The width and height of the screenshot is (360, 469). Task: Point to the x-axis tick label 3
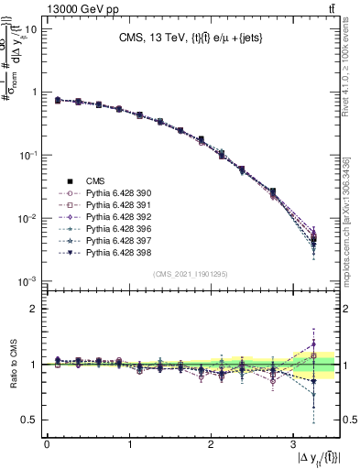pyautogui.click(x=291, y=444)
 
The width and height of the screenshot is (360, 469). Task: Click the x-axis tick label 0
pyautogui.click(x=47, y=444)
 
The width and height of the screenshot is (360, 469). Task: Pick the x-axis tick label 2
pyautogui.click(x=210, y=444)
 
